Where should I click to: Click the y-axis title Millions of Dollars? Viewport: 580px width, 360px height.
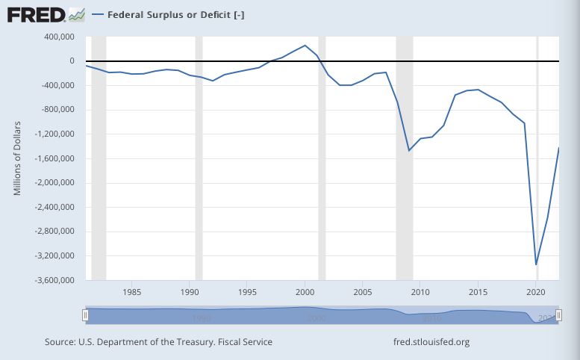pyautogui.click(x=17, y=158)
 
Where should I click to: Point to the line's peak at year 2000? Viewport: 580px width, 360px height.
pyautogui.click(x=305, y=46)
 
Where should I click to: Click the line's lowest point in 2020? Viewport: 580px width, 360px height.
pyautogui.click(x=536, y=264)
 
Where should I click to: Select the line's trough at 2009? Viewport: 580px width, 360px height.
pyautogui.click(x=409, y=151)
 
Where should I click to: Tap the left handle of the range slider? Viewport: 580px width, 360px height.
pyautogui.click(x=86, y=316)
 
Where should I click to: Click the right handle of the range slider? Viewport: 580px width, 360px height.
pyautogui.click(x=558, y=316)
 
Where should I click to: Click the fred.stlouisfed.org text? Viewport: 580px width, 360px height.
pyautogui.click(x=431, y=342)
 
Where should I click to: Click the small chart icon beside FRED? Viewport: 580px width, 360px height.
pyautogui.click(x=76, y=14)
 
